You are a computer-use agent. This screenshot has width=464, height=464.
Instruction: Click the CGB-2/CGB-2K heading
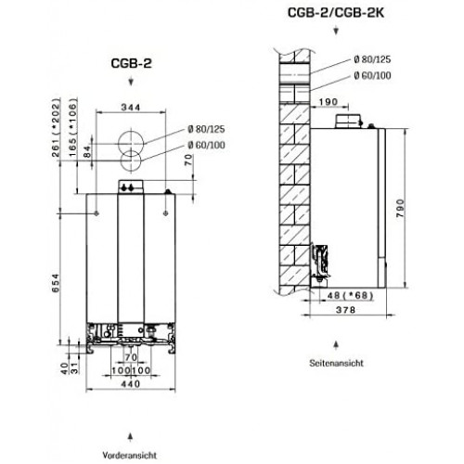[336, 13]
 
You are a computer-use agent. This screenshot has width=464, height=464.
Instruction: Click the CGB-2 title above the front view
[131, 63]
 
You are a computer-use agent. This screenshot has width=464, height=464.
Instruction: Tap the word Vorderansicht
[130, 455]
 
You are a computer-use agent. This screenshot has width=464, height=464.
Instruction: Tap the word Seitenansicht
[336, 363]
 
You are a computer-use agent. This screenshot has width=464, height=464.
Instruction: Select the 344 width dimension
[131, 108]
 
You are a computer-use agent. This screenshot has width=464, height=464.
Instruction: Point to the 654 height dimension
[56, 283]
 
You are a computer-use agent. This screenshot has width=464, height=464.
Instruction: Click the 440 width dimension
[131, 384]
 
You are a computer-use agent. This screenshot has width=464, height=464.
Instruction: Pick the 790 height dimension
[400, 208]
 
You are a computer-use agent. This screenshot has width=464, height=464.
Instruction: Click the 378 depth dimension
[345, 310]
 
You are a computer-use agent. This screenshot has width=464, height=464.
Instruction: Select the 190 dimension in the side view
[329, 101]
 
